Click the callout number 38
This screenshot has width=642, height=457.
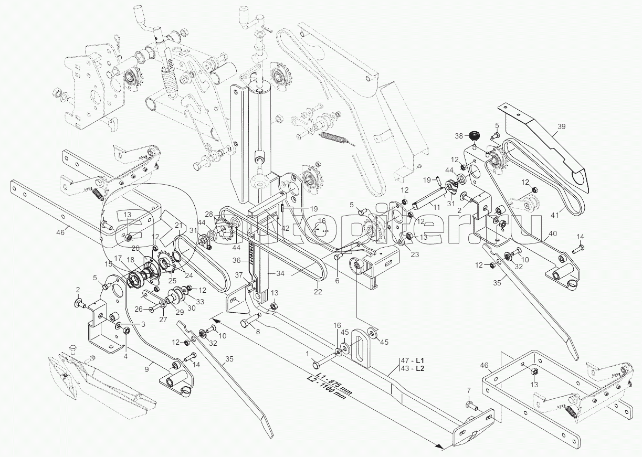[458, 135]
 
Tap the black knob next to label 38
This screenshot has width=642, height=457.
[474, 137]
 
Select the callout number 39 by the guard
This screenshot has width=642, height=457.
[561, 126]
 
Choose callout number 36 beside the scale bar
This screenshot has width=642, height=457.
[236, 260]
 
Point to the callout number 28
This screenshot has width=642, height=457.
[209, 214]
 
